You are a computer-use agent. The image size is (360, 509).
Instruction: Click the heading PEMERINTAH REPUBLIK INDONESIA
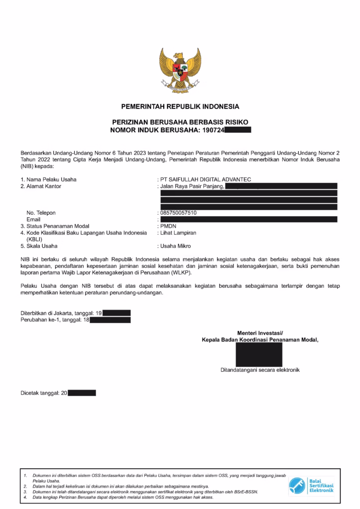180,106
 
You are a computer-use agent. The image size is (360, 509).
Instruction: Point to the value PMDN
165,226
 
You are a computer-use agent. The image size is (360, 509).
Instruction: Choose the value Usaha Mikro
175,246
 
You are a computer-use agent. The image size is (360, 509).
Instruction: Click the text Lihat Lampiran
178,233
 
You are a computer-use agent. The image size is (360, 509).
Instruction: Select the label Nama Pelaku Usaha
52,179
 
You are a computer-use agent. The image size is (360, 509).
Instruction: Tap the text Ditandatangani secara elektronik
260,370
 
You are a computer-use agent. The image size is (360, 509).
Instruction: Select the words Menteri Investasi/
260,333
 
